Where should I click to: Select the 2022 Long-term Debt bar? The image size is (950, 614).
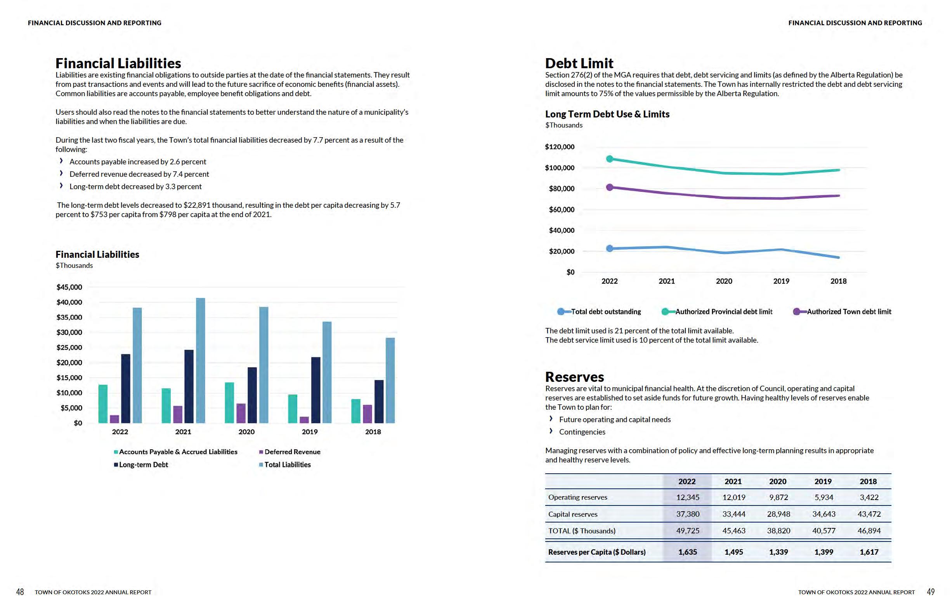click(x=126, y=388)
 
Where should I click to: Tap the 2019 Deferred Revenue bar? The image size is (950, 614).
click(x=304, y=419)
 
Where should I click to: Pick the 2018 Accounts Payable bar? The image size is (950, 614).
click(x=355, y=410)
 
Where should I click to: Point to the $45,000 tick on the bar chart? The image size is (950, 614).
click(x=69, y=287)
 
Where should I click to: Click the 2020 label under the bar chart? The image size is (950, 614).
click(x=246, y=432)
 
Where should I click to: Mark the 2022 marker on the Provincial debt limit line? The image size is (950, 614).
click(x=610, y=159)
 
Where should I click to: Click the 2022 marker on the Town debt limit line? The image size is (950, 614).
click(x=610, y=187)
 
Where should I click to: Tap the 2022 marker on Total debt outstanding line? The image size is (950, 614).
click(x=610, y=248)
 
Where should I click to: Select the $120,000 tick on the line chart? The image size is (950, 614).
click(x=560, y=147)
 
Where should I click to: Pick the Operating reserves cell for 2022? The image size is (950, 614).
click(x=687, y=497)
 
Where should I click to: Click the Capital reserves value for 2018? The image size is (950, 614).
click(x=869, y=514)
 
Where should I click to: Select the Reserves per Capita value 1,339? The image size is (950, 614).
click(x=778, y=552)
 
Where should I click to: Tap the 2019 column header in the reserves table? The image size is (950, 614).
click(x=823, y=481)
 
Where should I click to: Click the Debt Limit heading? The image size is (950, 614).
click(x=579, y=63)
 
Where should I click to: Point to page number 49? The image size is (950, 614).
click(x=931, y=592)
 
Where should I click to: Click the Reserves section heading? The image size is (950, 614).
click(x=574, y=377)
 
